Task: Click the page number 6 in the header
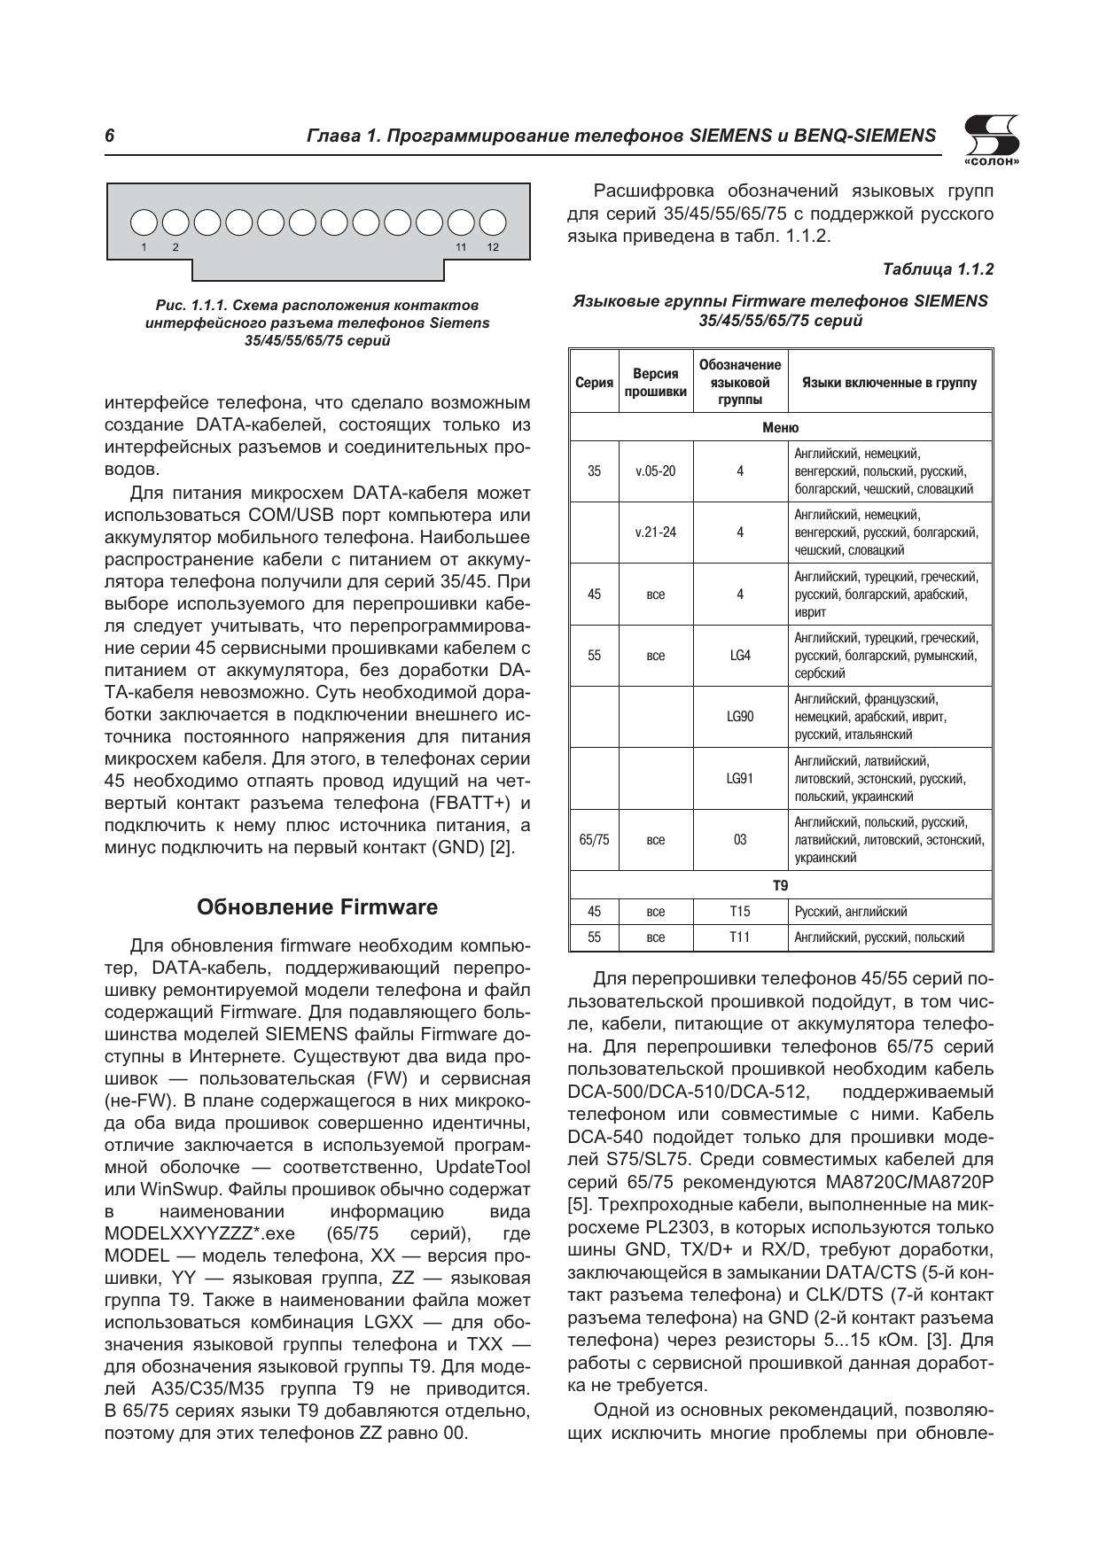coord(110,136)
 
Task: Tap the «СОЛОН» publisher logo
coord(990,141)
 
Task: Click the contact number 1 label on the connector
coord(144,247)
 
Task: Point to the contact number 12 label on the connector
coord(493,247)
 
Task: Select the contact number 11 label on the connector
coord(461,247)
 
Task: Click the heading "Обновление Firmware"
coord(317,907)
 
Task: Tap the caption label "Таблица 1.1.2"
coord(938,268)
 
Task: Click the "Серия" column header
coord(594,383)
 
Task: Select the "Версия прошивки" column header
coord(656,383)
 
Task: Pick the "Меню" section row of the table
coord(780,428)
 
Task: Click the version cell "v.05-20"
coord(655,471)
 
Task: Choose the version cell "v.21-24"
coord(655,533)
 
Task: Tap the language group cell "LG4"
coord(739,656)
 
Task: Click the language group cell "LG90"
coord(739,717)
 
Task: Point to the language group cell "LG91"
coord(739,779)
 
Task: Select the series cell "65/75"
coord(594,840)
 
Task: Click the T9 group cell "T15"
coord(739,912)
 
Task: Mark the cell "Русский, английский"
coord(850,912)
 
